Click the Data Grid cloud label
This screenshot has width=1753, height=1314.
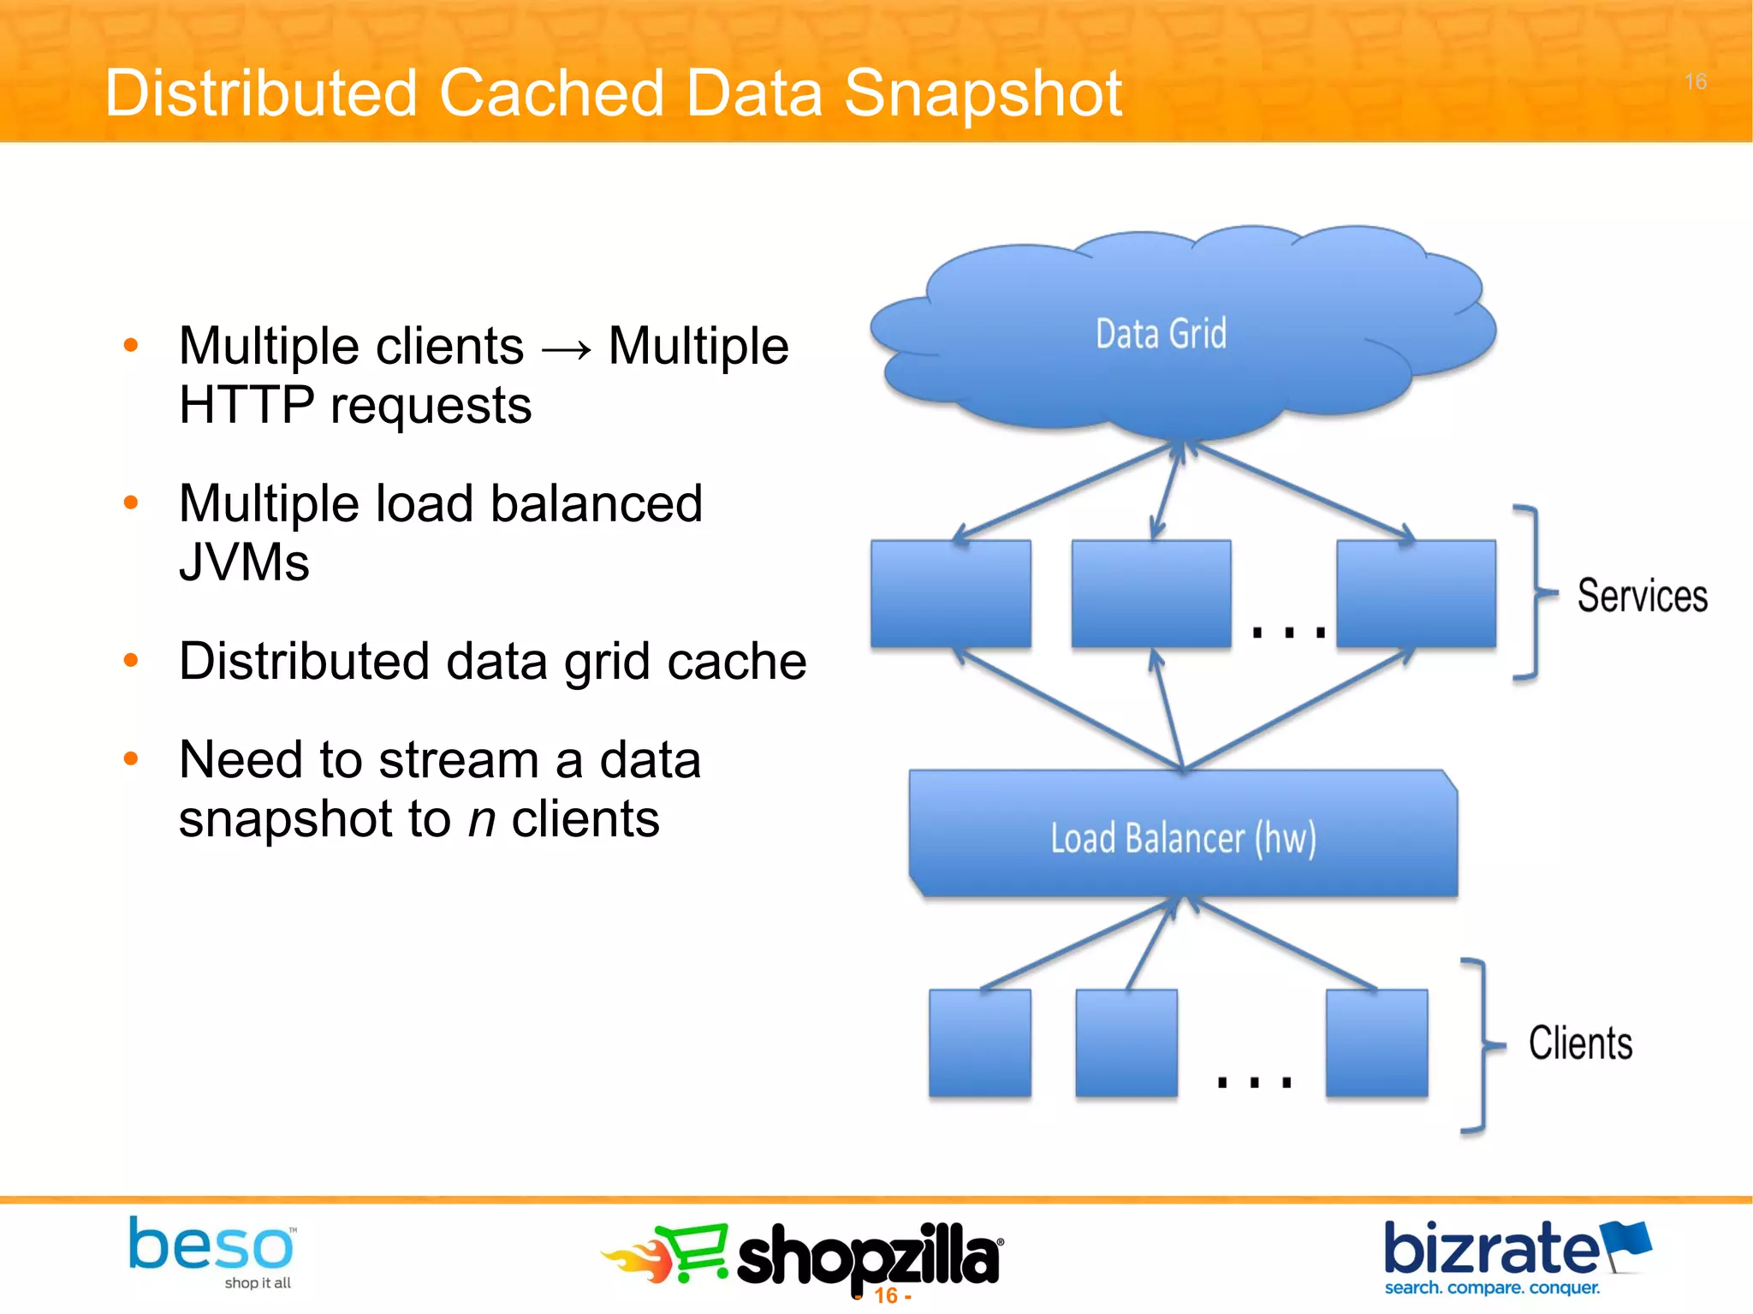1161,334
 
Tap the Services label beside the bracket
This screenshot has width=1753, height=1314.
1642,596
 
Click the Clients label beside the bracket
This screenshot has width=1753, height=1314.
1580,1043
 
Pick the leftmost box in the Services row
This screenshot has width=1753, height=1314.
950,593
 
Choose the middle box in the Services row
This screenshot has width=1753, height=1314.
1150,593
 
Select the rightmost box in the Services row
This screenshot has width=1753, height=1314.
1416,593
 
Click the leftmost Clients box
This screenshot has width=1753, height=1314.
979,1043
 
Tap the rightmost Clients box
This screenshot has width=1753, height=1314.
1376,1043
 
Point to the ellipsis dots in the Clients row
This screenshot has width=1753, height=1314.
1254,1082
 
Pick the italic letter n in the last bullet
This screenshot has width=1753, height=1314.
482,819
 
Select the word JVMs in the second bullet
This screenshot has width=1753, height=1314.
244,562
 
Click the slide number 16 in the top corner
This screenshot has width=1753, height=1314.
1695,82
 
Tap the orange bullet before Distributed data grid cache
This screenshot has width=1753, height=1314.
130,660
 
